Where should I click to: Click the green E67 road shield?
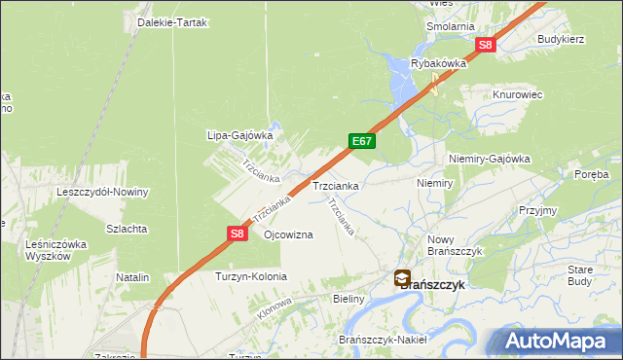[361, 141]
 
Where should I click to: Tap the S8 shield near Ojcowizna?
[238, 234]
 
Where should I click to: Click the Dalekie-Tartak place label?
[172, 22]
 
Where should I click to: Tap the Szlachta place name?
[128, 229]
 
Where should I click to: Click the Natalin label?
[132, 277]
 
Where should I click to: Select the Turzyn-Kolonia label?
[251, 276]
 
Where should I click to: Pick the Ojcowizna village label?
[288, 235]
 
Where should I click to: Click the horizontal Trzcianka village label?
[336, 185]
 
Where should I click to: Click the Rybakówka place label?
[439, 63]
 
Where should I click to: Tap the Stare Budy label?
[580, 274]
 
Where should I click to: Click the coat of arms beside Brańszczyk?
[402, 279]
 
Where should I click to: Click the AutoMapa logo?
[558, 342]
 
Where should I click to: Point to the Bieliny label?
[348, 299]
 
